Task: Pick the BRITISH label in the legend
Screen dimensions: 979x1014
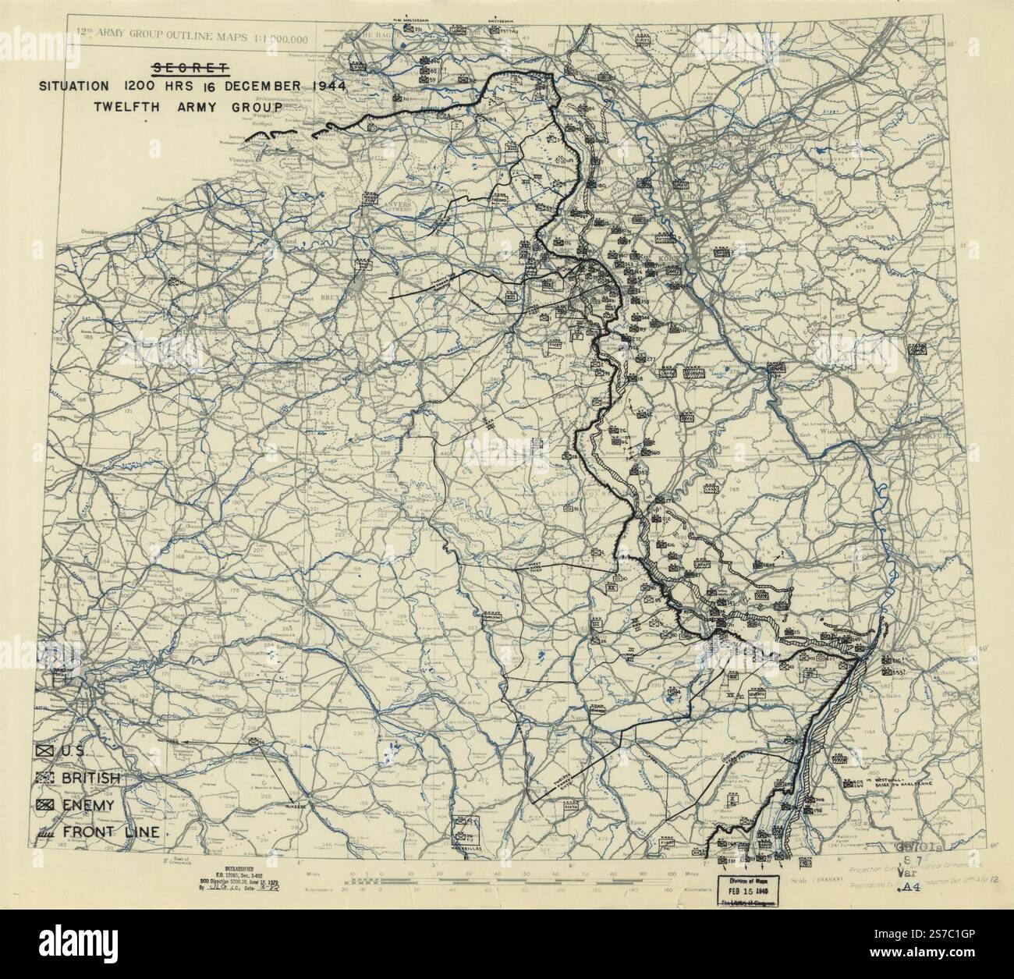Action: (91, 779)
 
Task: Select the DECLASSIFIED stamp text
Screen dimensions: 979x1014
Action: (230, 870)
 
